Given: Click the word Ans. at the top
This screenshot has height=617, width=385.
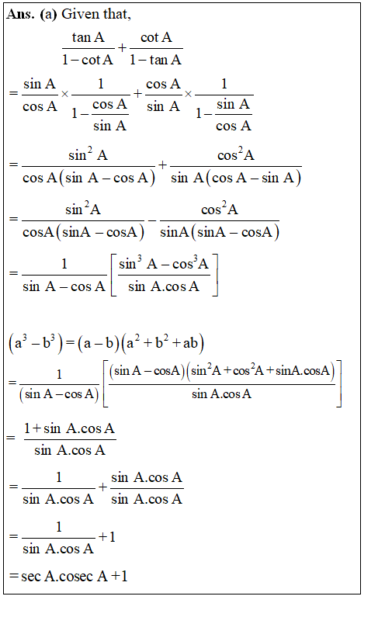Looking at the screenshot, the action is coord(22,16).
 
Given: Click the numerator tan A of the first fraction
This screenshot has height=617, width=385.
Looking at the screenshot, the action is coord(88,37).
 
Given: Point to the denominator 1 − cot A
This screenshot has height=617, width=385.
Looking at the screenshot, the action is coord(88,58).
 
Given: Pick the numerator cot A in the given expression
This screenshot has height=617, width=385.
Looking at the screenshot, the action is coord(156,37).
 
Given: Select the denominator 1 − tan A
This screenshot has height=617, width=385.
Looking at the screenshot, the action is coord(156,58).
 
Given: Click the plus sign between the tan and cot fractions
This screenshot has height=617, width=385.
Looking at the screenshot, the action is coord(123,48).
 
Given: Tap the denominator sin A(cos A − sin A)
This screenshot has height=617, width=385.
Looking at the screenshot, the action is coord(235,178).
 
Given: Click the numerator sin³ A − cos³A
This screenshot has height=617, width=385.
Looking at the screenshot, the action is coord(164,264).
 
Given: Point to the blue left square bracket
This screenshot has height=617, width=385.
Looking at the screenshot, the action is coord(114,275).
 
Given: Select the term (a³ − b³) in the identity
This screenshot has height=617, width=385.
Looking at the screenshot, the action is coord(30,343).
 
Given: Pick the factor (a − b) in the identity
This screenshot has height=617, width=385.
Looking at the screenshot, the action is coord(99,343).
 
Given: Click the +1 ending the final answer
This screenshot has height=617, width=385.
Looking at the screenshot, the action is coord(119,577).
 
